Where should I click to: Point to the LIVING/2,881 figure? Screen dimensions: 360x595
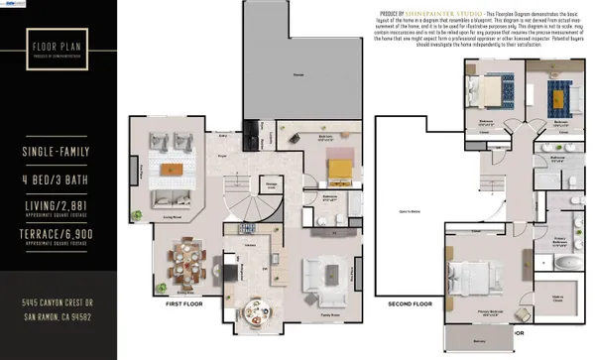(x=57, y=205)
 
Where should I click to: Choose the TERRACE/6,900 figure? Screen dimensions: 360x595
(x=57, y=234)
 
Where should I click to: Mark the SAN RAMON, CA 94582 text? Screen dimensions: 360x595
(x=57, y=316)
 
